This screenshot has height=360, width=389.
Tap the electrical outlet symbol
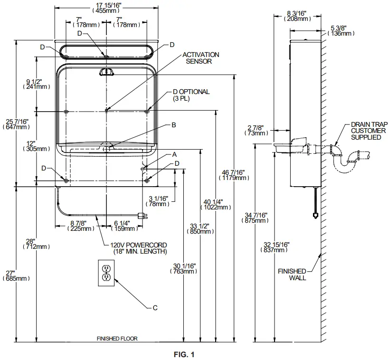pos(106,273)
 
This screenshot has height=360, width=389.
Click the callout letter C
pos(154,308)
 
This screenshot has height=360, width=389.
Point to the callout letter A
pos(174,155)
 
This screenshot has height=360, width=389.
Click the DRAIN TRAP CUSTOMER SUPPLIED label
pos(365,130)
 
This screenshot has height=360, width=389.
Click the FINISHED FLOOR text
pos(117,339)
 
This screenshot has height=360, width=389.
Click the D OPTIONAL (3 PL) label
pos(190,95)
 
